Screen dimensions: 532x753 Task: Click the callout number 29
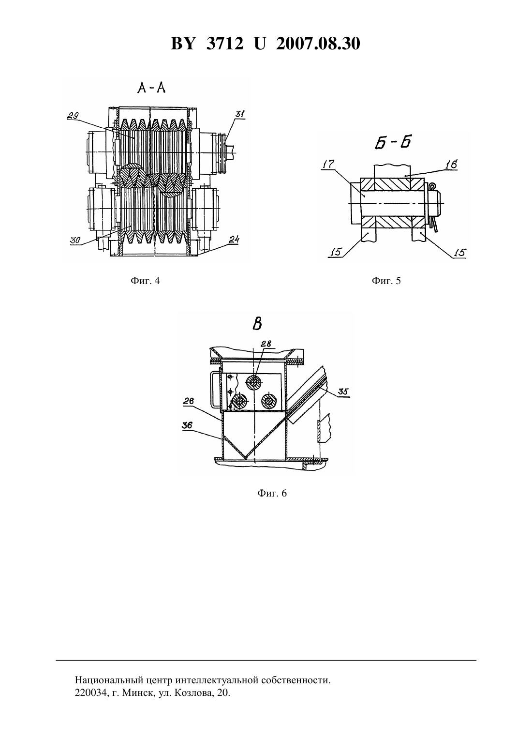[x=73, y=116]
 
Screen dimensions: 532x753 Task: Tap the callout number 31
[x=240, y=114]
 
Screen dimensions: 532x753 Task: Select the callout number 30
[x=75, y=240]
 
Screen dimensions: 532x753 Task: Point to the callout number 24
[x=234, y=239]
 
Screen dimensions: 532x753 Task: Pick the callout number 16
[x=451, y=165]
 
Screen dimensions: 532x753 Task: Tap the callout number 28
[x=266, y=344]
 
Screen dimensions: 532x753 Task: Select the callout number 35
[x=343, y=392]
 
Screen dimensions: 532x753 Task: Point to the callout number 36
[x=188, y=425]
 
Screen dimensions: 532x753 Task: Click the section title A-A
[x=151, y=88]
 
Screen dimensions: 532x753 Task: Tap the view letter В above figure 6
[x=257, y=324]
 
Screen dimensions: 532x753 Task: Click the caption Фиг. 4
[x=145, y=281]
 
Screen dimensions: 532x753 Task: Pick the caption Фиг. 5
[x=386, y=281]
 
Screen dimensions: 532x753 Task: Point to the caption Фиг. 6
[x=272, y=493]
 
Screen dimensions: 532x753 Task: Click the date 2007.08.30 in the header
[x=318, y=44]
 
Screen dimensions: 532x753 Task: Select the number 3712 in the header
[x=224, y=44]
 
